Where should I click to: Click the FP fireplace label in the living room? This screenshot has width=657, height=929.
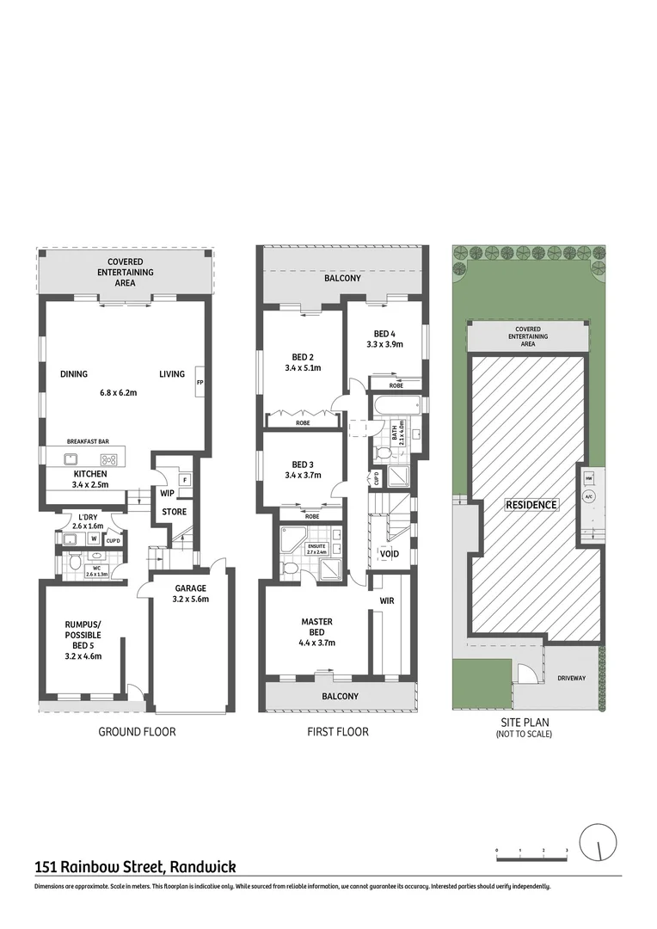click(200, 382)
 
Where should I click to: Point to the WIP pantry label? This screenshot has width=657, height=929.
click(168, 494)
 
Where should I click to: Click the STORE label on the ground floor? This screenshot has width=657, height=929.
click(175, 512)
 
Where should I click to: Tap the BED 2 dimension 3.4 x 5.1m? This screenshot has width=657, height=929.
click(301, 368)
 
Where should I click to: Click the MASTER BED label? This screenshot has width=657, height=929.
click(316, 621)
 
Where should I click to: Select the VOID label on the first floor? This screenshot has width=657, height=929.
click(389, 554)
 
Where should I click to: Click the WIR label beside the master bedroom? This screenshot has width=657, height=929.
click(387, 600)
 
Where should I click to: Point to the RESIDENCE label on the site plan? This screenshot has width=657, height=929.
click(531, 505)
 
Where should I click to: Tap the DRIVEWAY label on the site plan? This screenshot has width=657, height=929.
click(571, 678)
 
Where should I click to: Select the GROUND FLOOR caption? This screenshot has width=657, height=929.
click(137, 732)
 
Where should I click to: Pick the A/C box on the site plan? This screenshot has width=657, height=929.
click(589, 496)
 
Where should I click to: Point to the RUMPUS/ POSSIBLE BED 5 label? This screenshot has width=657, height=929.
click(83, 631)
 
